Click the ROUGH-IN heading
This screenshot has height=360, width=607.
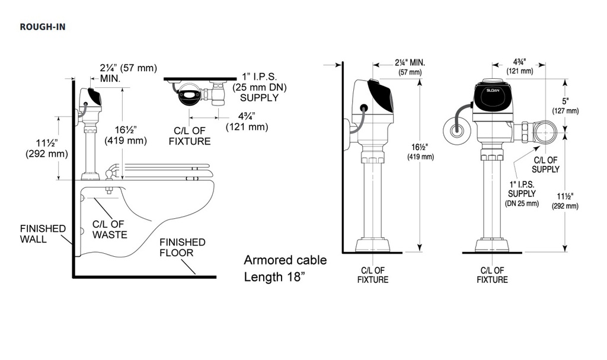[x=43, y=27]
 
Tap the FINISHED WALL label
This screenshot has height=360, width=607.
[x=43, y=234]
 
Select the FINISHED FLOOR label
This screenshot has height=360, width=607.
[x=183, y=248]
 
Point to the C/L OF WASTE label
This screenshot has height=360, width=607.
[x=110, y=230]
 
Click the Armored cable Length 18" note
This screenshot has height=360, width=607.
[x=285, y=268]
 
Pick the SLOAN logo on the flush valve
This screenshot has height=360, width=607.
[x=493, y=91]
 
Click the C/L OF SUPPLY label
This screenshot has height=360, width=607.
[x=545, y=165]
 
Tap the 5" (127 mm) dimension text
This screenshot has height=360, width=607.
[x=566, y=106]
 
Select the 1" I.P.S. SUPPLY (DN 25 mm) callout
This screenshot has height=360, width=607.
[x=522, y=194]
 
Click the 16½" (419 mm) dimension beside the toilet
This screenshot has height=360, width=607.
[x=126, y=135]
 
